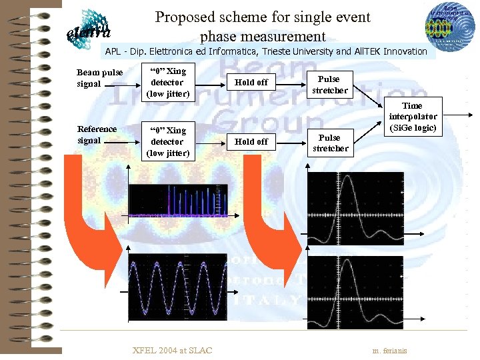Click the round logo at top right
pos(445,27)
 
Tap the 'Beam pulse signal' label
pos(99,78)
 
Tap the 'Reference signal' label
pos(97,135)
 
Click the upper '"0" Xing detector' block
pos(167,82)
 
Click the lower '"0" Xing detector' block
pos(167,141)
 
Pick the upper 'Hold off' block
pos(251,82)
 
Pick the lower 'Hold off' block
pos(251,141)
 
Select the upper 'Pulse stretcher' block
pos(329,85)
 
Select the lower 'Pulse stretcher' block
pos(329,143)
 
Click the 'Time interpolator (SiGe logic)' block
pos(413,117)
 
